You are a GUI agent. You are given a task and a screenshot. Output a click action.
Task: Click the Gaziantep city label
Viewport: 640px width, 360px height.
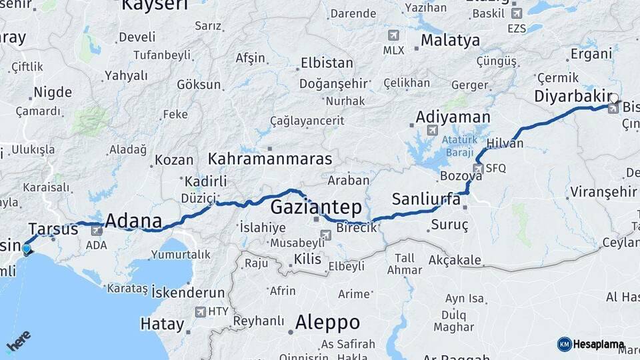point(315,207)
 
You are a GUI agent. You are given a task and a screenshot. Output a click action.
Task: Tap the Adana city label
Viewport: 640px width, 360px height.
point(133,221)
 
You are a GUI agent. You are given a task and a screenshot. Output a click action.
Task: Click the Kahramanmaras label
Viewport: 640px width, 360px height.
point(270,159)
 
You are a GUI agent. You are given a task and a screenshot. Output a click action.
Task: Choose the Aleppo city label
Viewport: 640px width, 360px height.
point(327,323)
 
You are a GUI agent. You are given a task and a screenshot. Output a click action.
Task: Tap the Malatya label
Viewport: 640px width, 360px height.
point(449,41)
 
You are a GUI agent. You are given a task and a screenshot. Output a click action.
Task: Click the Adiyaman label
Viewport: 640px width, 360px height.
point(453,117)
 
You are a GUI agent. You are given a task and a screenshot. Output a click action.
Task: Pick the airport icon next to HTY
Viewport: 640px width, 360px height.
point(201,311)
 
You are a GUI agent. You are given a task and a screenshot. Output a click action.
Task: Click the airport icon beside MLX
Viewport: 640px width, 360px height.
point(393,35)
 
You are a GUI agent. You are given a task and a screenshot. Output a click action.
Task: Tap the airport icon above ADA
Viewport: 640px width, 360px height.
point(97,231)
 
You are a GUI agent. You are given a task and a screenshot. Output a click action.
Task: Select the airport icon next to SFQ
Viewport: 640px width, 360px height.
point(478,169)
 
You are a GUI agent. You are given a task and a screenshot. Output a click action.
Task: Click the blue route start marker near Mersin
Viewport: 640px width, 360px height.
point(27,250)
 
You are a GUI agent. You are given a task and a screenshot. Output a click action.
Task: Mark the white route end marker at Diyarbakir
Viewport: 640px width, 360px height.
point(613,98)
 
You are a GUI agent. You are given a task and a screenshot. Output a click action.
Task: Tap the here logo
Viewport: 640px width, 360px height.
point(18,341)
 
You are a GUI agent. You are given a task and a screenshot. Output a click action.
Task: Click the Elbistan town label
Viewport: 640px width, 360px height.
point(327,63)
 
